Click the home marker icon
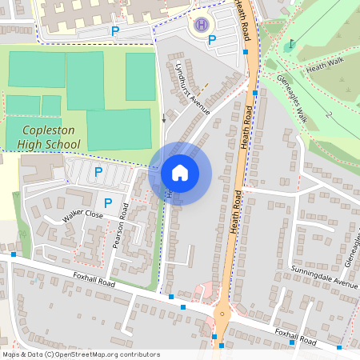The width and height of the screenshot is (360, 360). (x=180, y=172)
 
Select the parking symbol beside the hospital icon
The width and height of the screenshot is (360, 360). (x=212, y=40)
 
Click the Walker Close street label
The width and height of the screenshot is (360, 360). (x=83, y=216)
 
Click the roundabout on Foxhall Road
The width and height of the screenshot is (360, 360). (x=222, y=314)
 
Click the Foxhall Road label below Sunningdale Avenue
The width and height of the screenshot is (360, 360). (x=297, y=335)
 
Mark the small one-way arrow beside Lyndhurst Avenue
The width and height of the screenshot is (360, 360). (x=164, y=119)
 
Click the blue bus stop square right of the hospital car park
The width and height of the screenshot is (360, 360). (x=246, y=52)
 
